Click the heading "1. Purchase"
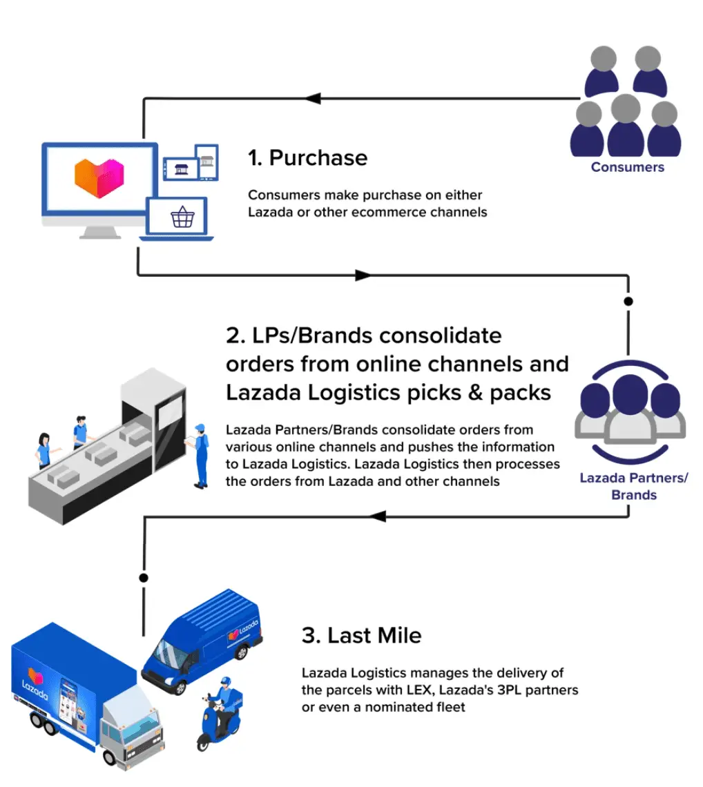click(307, 158)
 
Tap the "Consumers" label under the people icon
click(627, 167)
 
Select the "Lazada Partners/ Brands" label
click(633, 486)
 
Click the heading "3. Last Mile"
click(361, 635)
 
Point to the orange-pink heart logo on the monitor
click(98, 176)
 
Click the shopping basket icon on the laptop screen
click(182, 218)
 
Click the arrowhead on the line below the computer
click(363, 275)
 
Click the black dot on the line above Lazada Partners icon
click(628, 302)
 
